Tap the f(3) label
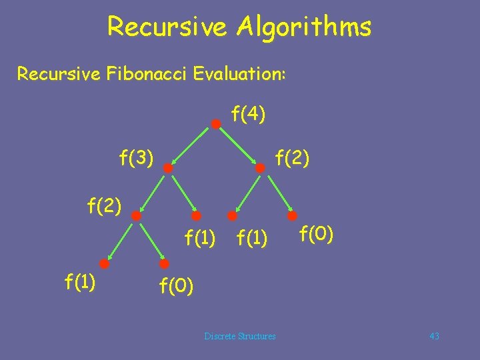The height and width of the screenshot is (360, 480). pos(137,158)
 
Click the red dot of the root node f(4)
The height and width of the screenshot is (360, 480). pos(216,124)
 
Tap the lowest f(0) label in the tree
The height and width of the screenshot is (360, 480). pos(176,286)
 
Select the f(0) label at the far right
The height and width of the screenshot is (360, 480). pos(317,234)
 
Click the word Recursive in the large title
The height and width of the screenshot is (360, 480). pos(169,27)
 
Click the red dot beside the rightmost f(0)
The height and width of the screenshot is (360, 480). pos(293,216)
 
